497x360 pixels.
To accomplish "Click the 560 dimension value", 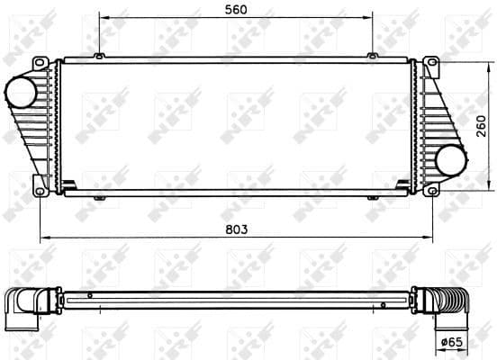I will pos(235,9).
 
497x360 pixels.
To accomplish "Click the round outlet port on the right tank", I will pos(449,161).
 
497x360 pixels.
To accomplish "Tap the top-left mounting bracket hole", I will pos(39,62).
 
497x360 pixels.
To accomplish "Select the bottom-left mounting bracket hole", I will pos(40,190).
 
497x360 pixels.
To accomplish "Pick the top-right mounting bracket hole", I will pos(431,62).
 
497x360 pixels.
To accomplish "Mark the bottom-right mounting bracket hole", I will pos(432,190).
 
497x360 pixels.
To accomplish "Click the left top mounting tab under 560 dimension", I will pos(97,57).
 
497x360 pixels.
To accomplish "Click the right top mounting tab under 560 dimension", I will pos(372,57).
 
